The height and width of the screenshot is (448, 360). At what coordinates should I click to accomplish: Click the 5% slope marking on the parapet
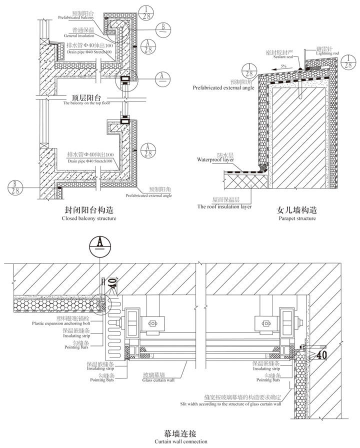pyautogui.click(x=283, y=66)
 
